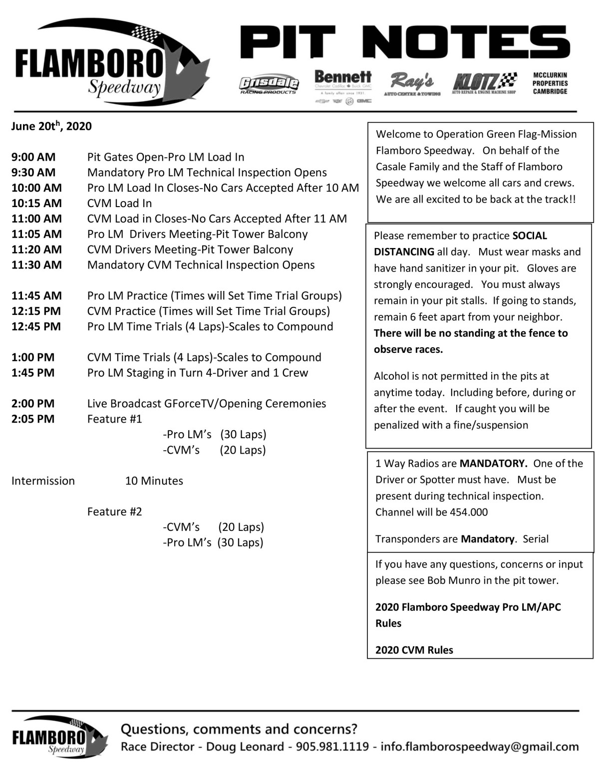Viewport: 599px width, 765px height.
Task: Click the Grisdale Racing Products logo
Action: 269,85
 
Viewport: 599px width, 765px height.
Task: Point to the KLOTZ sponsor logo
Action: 484,83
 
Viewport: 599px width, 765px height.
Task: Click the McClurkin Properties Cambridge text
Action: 550,83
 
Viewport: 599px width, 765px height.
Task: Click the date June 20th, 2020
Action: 51,126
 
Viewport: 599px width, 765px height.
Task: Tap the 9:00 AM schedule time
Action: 33,157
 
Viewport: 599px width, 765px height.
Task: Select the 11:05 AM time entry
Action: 36,234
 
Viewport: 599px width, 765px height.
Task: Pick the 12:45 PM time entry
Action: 36,326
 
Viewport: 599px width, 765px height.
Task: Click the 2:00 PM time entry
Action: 33,403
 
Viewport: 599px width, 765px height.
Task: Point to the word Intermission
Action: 43,481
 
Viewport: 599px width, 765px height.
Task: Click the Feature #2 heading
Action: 114,511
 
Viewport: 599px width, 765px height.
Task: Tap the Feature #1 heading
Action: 114,419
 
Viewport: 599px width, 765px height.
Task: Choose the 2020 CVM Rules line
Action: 414,650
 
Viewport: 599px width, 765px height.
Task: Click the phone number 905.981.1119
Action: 332,747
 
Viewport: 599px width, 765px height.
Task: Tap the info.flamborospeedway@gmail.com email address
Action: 480,747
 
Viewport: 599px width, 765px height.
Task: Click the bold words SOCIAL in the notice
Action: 530,236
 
